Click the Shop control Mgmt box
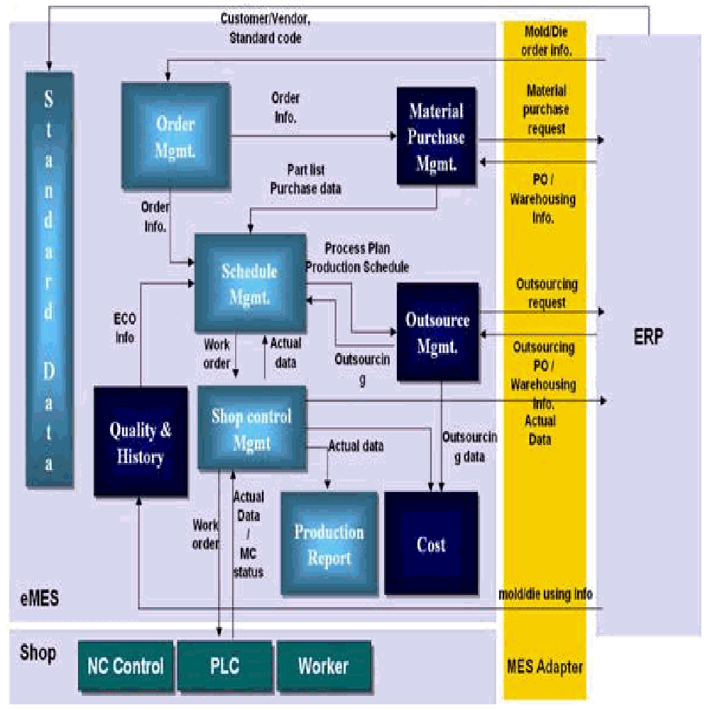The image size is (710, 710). tap(251, 429)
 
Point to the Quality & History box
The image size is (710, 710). tap(141, 442)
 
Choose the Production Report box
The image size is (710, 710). tap(329, 544)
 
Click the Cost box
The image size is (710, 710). tap(431, 544)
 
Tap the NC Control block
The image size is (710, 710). tap(126, 666)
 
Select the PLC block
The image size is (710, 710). tap(224, 666)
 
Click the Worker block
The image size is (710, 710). tap(323, 666)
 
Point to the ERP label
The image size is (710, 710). tap(648, 337)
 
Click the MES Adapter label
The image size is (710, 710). tap(545, 667)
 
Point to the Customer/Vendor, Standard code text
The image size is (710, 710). tap(265, 29)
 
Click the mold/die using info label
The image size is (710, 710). tap(545, 594)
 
